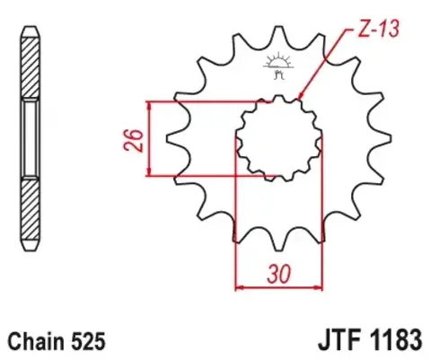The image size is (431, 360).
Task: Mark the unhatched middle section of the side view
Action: [x=30, y=139]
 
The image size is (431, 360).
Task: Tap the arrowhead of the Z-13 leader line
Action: [x=301, y=95]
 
